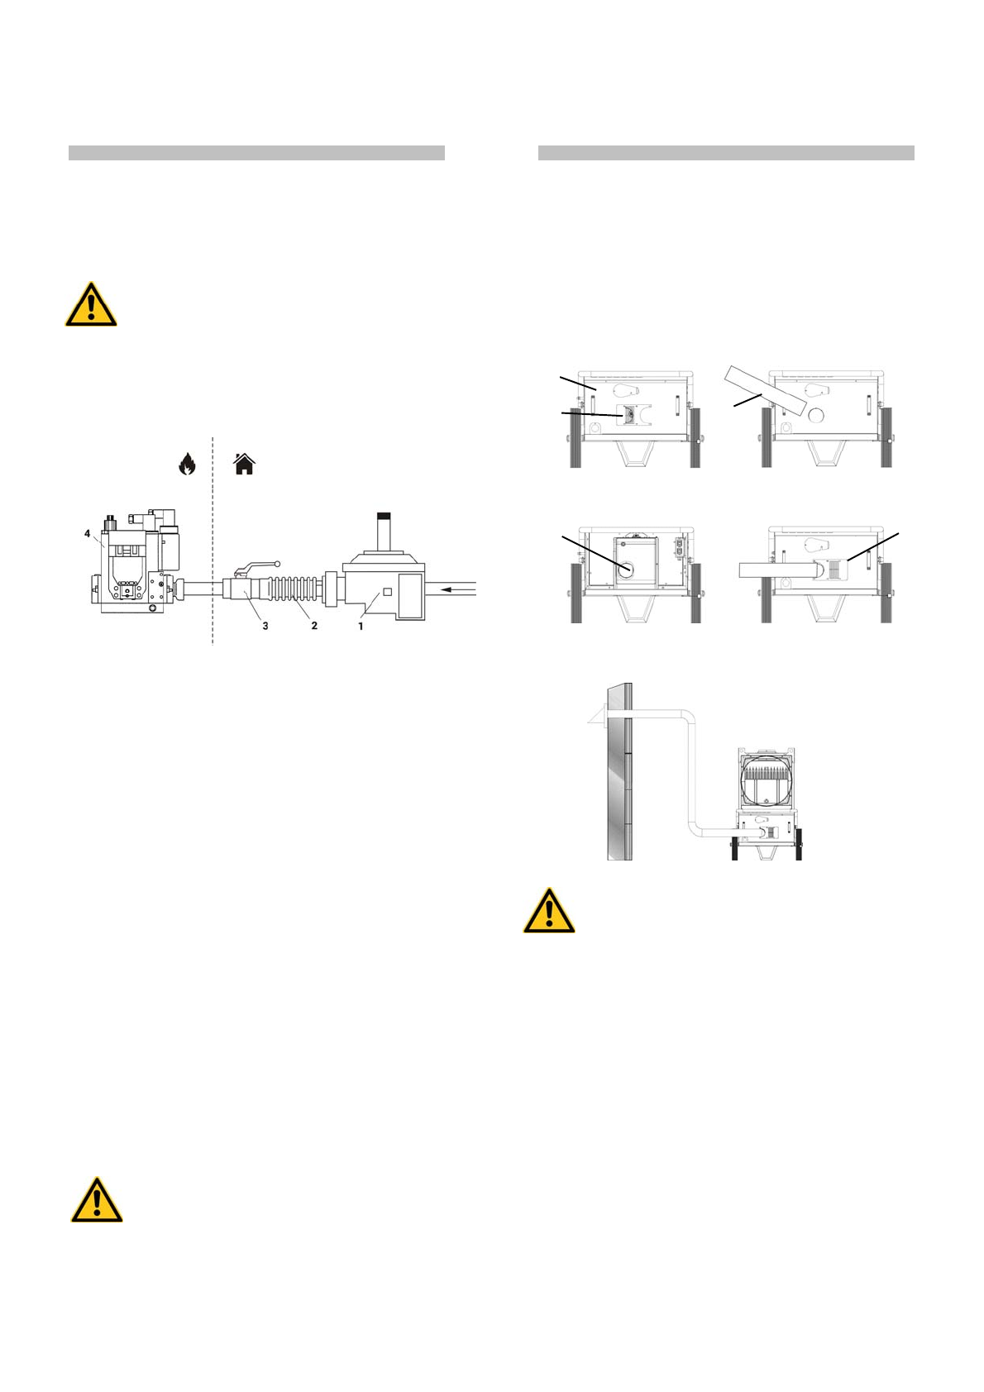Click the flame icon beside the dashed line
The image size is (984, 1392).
tap(188, 465)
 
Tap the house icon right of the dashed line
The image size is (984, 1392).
tap(244, 465)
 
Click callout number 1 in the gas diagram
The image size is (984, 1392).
tap(361, 627)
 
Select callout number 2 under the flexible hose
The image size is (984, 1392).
tap(314, 627)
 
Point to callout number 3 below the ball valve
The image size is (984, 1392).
tap(265, 627)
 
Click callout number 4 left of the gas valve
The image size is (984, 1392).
tap(87, 534)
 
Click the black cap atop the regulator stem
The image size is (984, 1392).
tap(383, 516)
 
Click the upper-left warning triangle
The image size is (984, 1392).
tap(91, 305)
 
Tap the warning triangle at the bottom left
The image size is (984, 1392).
tap(97, 1201)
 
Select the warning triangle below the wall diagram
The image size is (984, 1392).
tap(549, 912)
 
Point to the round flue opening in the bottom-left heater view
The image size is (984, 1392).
tap(625, 570)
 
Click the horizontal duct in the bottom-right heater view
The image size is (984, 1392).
tap(773, 570)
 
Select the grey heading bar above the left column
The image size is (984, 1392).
tap(256, 153)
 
